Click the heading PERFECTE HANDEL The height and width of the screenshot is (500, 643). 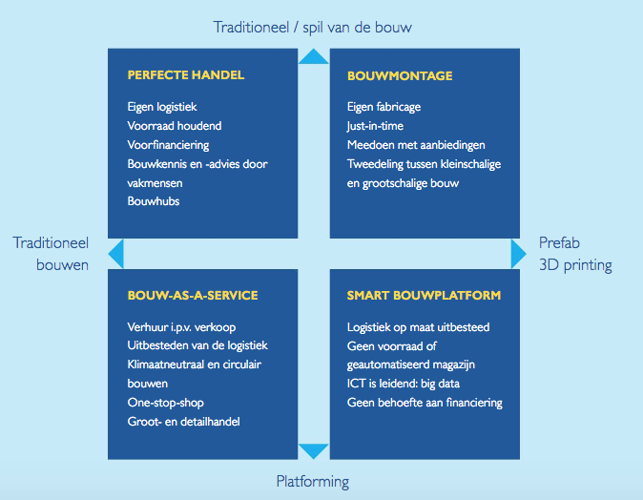(186, 75)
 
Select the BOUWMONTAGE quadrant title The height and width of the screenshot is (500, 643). (400, 76)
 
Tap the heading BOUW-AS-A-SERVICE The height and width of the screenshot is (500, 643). (193, 295)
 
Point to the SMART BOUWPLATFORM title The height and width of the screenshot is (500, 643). (424, 295)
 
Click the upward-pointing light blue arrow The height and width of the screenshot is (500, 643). (314, 57)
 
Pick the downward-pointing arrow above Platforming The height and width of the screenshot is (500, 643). (314, 450)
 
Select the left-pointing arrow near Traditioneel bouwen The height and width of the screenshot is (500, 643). (117, 254)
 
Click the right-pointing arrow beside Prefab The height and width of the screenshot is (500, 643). (518, 254)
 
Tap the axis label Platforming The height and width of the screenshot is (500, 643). (313, 482)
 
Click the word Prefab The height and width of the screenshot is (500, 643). (559, 242)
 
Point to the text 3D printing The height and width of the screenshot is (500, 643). (575, 265)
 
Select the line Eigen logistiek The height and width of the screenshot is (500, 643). (162, 107)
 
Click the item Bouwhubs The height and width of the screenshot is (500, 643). (154, 201)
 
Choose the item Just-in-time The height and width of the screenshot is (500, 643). (375, 126)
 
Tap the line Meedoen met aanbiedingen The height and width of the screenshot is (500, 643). (416, 145)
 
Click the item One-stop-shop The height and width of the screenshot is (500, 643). (166, 403)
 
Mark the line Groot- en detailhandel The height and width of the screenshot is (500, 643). (184, 422)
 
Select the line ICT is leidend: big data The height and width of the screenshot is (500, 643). (404, 384)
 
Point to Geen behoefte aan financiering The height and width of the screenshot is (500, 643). (425, 403)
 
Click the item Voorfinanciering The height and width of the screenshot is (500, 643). (168, 145)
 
